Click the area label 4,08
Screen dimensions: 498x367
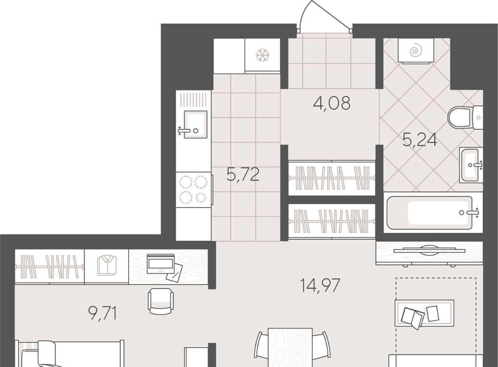click(331, 103)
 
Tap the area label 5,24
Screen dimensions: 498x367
click(420, 140)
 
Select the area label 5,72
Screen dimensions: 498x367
click(243, 174)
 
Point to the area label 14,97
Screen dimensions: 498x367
click(320, 285)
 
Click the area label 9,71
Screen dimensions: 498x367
click(103, 314)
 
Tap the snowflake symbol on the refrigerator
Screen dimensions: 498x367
click(263, 55)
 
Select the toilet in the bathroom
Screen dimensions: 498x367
click(465, 117)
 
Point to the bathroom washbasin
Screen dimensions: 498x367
click(471, 165)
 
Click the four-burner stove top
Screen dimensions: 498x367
click(193, 190)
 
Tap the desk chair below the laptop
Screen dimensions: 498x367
click(161, 301)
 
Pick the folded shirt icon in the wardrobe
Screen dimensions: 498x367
click(107, 266)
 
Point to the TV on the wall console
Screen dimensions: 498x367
click(429, 250)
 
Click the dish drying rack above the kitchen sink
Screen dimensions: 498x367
click(193, 100)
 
